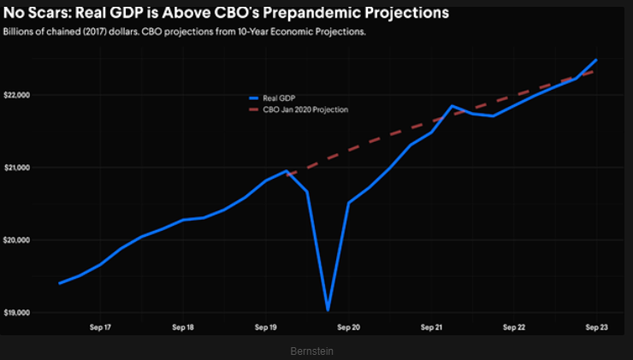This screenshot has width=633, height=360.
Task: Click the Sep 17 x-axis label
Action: [x=100, y=328]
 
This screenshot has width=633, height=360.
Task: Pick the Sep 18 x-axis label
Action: [x=183, y=328]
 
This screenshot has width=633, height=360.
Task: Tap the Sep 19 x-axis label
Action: [x=266, y=328]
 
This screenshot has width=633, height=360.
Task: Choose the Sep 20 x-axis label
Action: [x=349, y=328]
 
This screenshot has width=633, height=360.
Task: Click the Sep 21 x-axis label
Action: [x=432, y=328]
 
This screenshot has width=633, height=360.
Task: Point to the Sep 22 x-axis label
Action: [x=515, y=328]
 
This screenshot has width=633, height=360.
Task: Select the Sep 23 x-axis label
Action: [x=596, y=328]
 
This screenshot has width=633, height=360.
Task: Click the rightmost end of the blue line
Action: [x=595, y=60]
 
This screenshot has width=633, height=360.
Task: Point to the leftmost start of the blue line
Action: [x=59, y=283]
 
